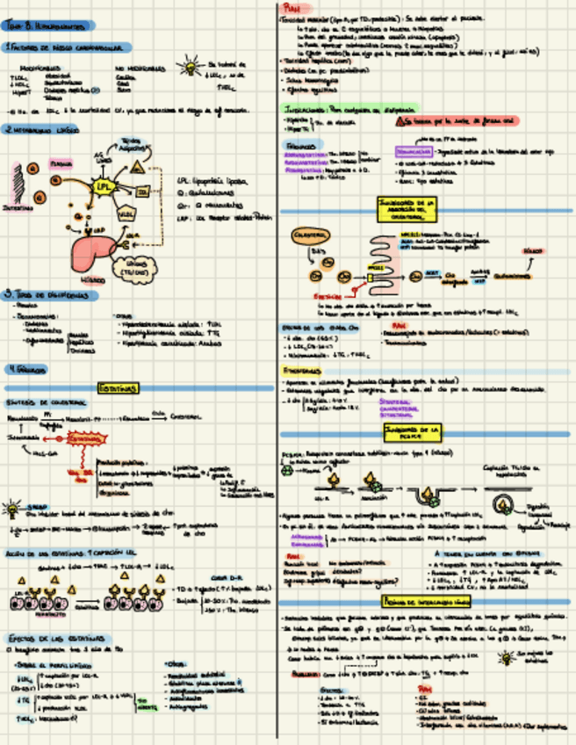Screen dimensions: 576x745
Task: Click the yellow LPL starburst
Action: (104, 187)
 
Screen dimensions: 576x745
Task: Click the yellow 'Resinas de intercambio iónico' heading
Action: (426, 601)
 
